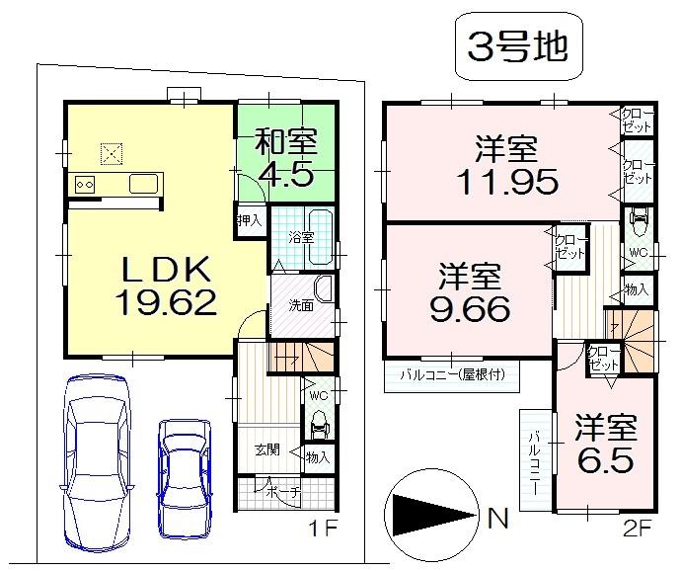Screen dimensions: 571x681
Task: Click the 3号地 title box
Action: click(x=515, y=47)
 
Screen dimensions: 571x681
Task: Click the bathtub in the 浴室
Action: click(x=318, y=237)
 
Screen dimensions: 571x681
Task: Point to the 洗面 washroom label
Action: click(x=301, y=305)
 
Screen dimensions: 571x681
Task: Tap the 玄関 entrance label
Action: click(x=266, y=449)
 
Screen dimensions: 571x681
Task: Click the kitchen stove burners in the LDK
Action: click(x=82, y=184)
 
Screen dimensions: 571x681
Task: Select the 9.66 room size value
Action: click(x=470, y=309)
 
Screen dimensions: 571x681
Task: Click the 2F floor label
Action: click(x=640, y=529)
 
